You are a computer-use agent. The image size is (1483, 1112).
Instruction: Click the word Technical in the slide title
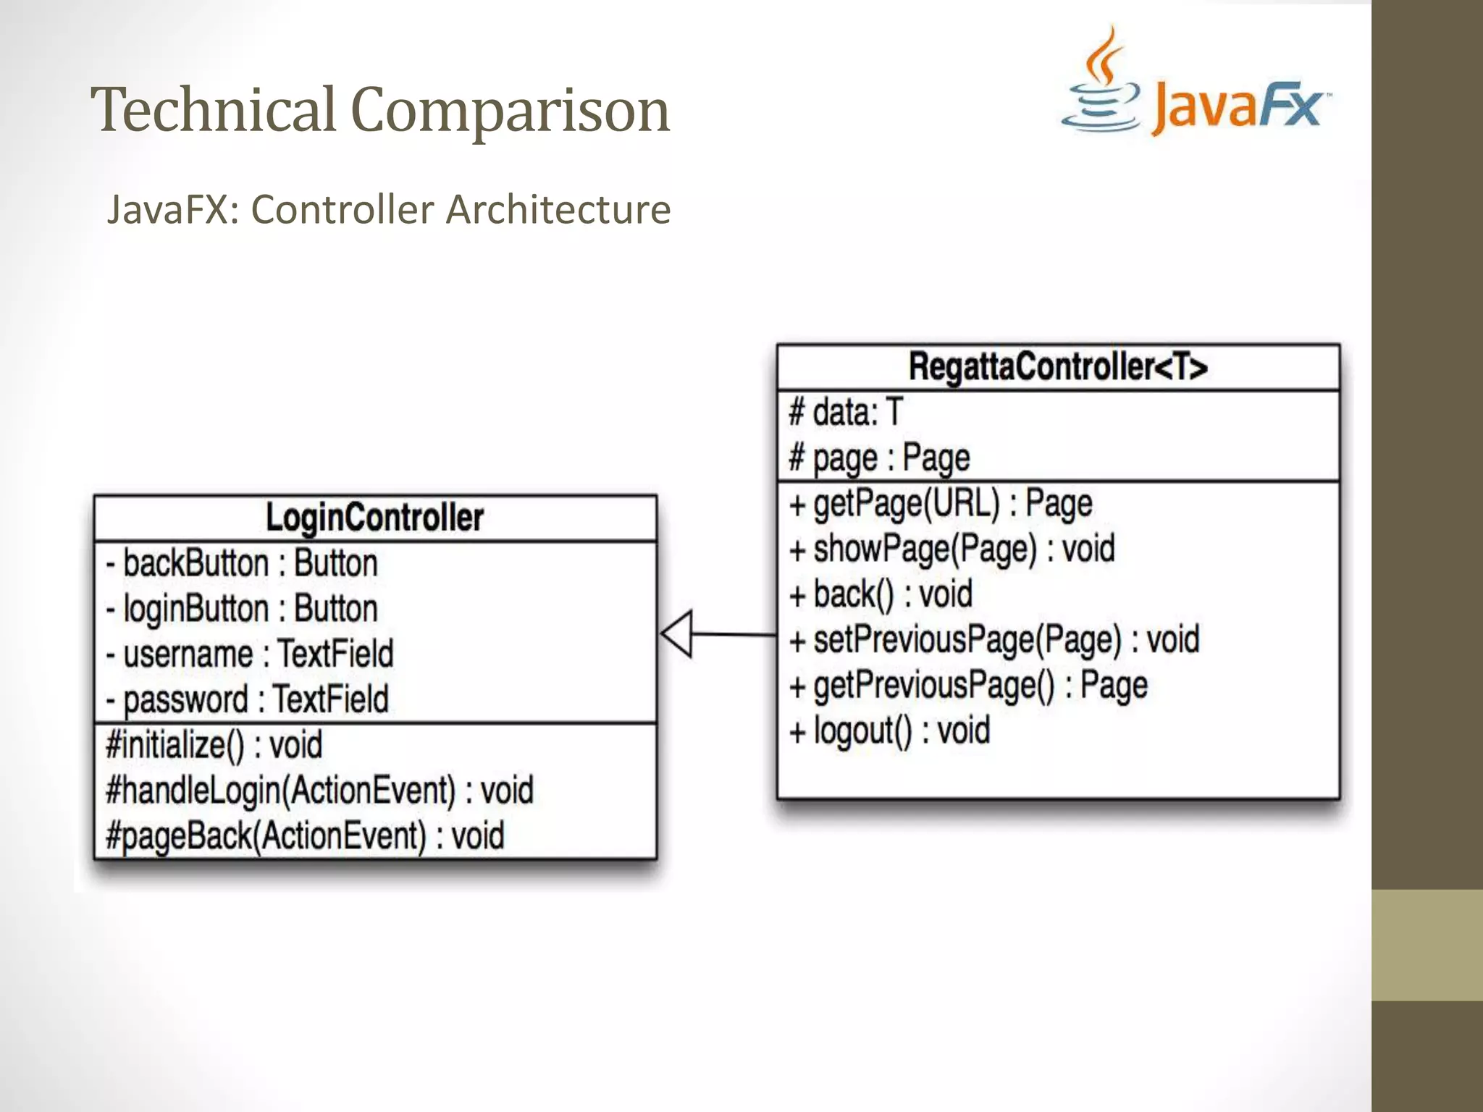214,110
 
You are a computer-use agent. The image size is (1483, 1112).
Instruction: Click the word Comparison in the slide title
510,111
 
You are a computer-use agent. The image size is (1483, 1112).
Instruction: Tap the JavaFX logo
1196,87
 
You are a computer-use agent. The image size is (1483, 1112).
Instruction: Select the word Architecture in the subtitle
558,210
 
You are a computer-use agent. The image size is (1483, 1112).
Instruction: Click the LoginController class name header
374,518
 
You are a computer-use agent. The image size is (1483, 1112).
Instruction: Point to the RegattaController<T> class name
1058,367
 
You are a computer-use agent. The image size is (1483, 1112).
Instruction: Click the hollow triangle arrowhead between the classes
678,634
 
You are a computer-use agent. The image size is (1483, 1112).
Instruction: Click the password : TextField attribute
248,700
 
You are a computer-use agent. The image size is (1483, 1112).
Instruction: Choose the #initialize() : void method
214,746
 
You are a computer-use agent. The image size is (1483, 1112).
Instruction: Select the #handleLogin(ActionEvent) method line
319,791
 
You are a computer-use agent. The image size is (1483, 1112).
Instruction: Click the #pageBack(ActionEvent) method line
305,836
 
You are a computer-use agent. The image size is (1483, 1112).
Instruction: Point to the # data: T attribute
846,413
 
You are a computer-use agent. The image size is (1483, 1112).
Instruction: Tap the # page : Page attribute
880,458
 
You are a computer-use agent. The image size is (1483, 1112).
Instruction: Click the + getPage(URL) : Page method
941,504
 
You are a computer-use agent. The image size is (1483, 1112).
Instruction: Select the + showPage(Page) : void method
952,549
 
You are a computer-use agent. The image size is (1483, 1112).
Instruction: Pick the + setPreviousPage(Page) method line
994,640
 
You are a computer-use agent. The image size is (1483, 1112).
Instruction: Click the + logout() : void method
890,731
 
